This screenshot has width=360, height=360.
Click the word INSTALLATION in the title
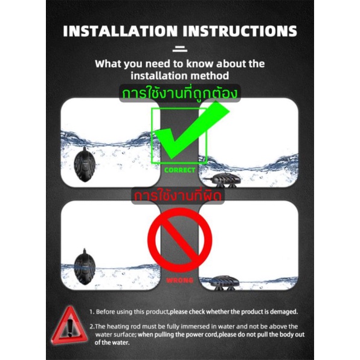point(120,31)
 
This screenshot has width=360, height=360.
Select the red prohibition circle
point(180,240)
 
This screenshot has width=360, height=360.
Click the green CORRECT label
point(180,170)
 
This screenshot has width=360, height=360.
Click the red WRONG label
point(180,280)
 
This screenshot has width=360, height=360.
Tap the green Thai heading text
point(179,94)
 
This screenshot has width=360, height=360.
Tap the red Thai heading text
point(178,196)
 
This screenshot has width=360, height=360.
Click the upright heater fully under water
point(85,164)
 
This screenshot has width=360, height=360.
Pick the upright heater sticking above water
point(85,267)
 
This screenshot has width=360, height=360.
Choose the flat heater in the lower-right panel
point(224,283)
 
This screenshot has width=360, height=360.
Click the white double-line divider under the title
point(180,49)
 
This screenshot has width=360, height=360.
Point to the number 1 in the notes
point(91,312)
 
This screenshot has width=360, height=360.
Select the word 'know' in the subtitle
point(199,64)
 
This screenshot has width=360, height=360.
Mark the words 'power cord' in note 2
point(196,335)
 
